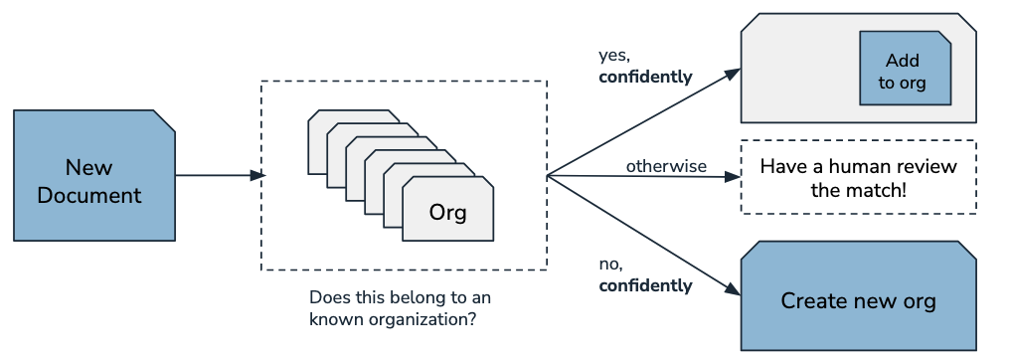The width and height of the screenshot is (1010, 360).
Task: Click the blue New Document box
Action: (x=94, y=176)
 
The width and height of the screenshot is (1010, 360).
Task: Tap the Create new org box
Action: (x=858, y=300)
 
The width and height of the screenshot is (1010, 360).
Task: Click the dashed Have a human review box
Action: (x=858, y=177)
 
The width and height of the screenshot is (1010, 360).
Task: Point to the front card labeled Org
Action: (x=448, y=212)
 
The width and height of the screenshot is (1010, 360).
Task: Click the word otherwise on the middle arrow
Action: (x=665, y=165)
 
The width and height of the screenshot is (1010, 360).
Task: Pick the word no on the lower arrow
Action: (x=609, y=264)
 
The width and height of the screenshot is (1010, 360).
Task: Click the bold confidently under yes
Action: (x=645, y=77)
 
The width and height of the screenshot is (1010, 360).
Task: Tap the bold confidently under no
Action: (x=645, y=286)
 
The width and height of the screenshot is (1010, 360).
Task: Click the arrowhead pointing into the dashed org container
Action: (x=257, y=176)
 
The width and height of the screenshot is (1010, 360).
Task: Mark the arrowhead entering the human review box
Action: (x=735, y=177)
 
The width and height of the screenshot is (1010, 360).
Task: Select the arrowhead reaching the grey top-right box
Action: (x=734, y=73)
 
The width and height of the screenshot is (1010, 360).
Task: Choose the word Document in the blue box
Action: (x=89, y=194)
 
